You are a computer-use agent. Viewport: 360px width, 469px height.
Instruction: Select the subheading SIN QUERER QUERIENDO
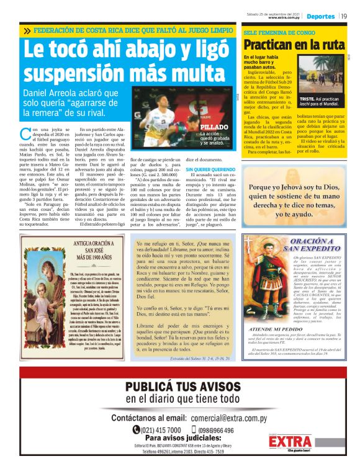[211, 168]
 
